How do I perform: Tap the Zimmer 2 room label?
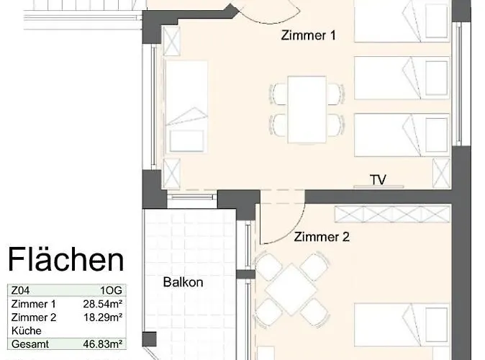[321, 236]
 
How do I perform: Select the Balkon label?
[182, 282]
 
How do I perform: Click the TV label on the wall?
[379, 179]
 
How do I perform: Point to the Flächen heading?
[65, 258]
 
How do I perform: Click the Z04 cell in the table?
[19, 292]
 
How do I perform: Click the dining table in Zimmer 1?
[306, 109]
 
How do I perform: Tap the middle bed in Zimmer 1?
[403, 78]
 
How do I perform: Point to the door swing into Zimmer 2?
[277, 225]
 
